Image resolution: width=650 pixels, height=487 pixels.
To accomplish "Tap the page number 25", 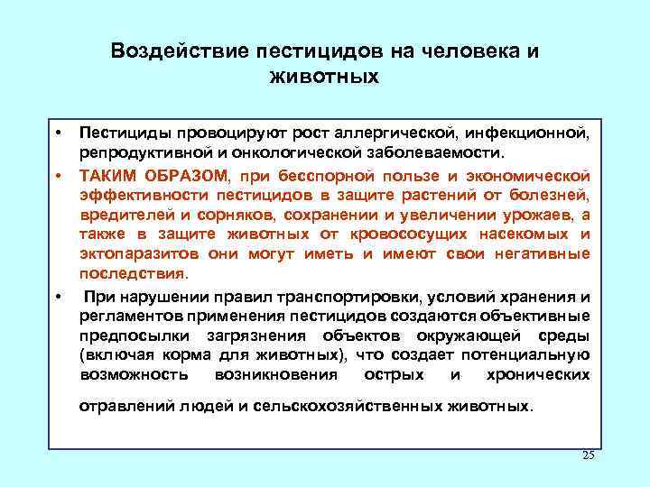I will tap(589, 454).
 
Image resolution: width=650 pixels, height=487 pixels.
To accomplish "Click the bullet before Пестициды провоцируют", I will tap(57, 133).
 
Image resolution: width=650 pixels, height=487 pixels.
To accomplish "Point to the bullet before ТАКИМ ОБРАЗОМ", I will tap(57, 174).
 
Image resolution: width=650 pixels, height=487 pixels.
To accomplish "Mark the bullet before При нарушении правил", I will tap(57, 296).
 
